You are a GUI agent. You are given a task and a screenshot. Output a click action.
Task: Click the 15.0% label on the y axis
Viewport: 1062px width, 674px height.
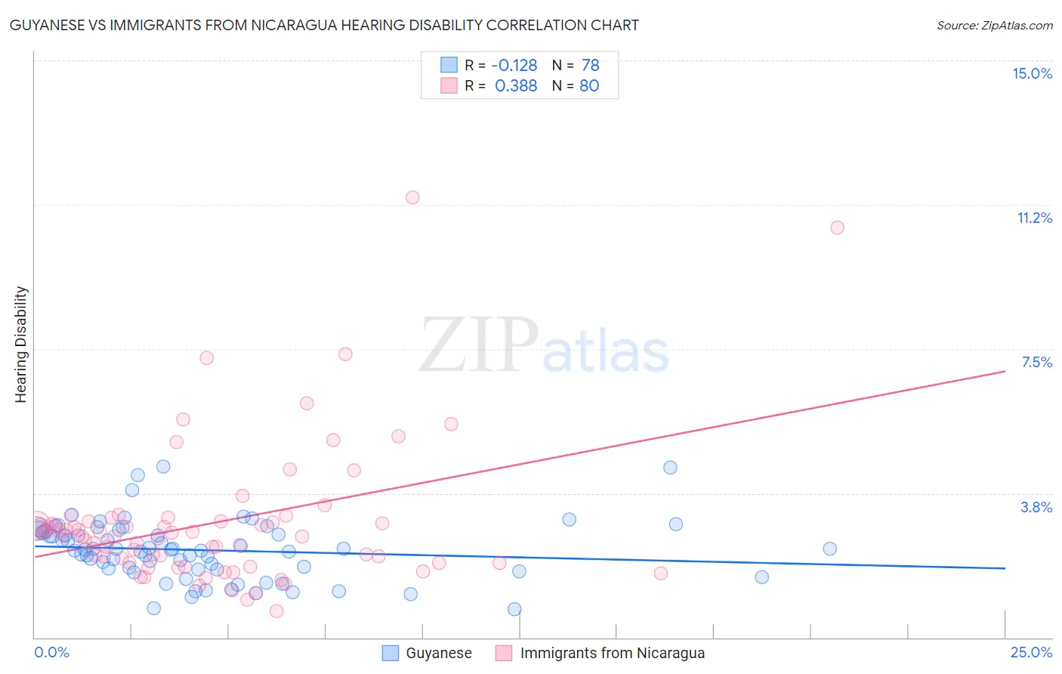point(1032,73)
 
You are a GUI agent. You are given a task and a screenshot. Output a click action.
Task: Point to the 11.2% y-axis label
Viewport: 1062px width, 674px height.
point(1034,218)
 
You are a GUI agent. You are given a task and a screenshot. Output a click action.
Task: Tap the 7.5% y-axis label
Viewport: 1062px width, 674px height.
point(1036,362)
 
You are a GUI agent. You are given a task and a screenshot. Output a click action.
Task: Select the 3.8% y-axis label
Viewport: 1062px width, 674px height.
point(1036,507)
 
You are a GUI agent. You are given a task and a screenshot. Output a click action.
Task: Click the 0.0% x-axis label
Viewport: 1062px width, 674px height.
point(51,653)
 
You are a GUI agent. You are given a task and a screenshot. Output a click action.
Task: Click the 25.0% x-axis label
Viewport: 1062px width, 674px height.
point(1031,653)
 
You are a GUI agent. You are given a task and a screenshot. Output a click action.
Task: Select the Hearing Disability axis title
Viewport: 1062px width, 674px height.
point(21,345)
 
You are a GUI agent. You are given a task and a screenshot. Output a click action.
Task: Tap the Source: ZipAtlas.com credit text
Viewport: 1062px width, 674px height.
point(994,26)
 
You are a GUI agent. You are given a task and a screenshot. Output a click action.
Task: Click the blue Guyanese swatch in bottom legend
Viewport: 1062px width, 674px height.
point(390,653)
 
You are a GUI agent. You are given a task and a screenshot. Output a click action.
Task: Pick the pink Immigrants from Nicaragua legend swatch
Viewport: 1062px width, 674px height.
point(504,653)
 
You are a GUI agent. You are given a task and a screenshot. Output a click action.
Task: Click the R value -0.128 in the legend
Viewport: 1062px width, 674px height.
point(514,65)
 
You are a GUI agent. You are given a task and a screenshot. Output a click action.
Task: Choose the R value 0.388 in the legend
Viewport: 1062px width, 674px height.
point(516,85)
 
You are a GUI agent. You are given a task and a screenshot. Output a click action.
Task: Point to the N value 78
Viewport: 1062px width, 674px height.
point(590,65)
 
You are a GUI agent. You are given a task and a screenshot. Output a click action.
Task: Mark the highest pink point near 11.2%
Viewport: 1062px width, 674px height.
point(412,197)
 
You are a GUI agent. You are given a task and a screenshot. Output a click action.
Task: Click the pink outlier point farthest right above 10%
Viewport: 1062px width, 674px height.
point(837,227)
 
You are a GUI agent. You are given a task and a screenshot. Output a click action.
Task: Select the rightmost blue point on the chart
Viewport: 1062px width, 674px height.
point(829,549)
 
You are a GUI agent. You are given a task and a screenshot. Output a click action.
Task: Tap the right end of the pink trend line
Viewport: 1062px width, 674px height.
point(1005,371)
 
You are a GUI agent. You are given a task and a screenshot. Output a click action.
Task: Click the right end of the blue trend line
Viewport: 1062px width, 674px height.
point(1005,567)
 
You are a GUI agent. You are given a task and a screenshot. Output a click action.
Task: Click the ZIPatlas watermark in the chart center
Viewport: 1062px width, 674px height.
point(544,346)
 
